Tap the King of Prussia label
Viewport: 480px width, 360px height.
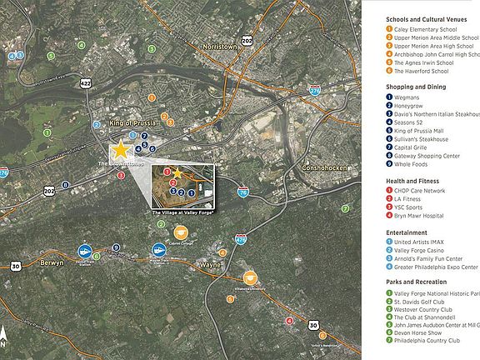(x=134, y=123)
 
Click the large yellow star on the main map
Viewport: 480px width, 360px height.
(x=121, y=151)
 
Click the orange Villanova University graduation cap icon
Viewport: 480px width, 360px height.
(x=249, y=277)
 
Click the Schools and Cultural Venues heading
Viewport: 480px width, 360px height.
(x=432, y=19)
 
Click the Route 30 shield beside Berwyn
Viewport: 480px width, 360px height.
(x=15, y=266)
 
